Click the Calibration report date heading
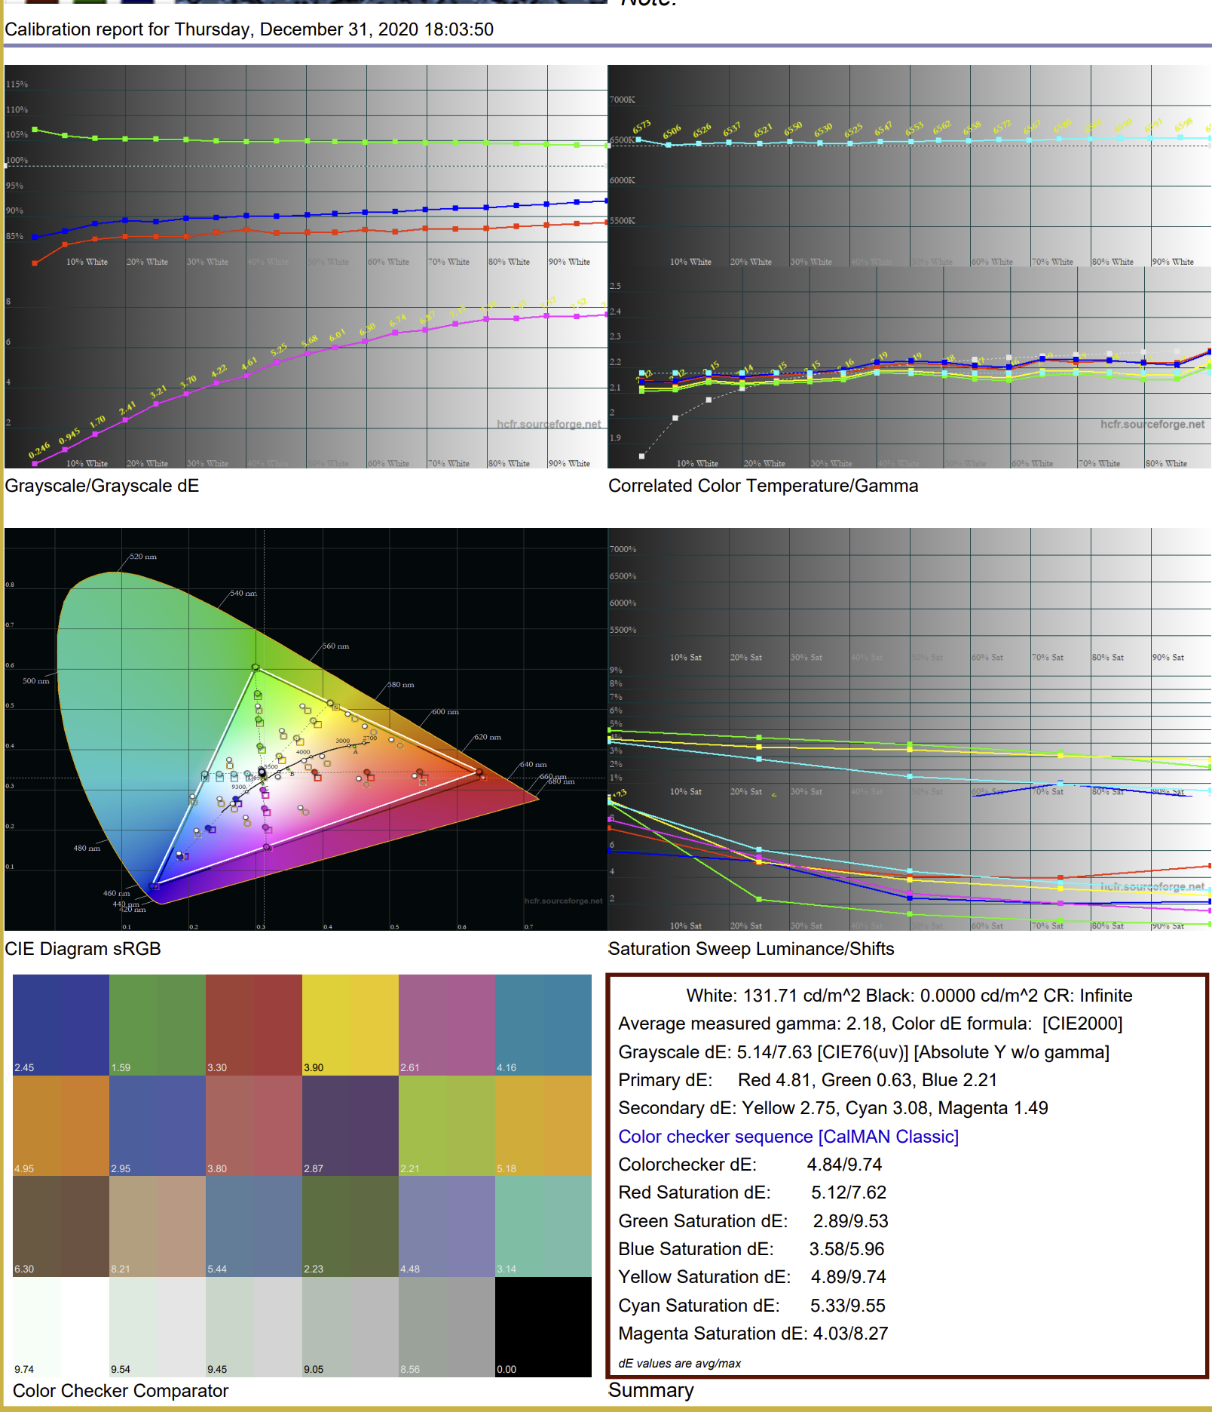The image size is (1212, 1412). (249, 29)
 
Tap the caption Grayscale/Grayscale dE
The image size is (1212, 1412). (102, 486)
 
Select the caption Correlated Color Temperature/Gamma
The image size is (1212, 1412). (763, 486)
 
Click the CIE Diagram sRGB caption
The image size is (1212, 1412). (83, 949)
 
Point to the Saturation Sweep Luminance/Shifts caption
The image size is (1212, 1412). (751, 949)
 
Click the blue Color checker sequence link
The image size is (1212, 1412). (788, 1137)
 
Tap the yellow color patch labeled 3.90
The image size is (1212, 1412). (350, 1024)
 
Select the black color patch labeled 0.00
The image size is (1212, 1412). (543, 1326)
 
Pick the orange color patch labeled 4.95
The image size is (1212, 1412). (61, 1125)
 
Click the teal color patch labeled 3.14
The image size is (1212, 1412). (543, 1226)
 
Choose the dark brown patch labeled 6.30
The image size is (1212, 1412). (61, 1226)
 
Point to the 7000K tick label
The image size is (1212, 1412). (623, 100)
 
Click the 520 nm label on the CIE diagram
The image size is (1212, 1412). (143, 557)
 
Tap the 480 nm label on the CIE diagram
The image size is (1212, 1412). (87, 848)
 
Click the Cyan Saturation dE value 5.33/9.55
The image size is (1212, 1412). (847, 1306)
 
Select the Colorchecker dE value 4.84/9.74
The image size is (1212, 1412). (844, 1165)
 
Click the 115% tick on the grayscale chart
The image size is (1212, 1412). (17, 84)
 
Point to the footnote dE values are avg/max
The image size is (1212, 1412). (679, 1363)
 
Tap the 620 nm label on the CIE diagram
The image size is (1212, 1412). (488, 737)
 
